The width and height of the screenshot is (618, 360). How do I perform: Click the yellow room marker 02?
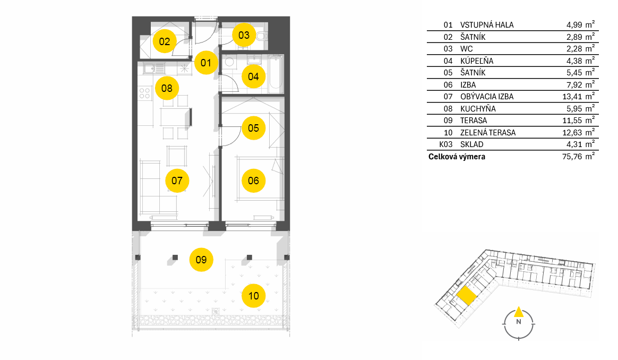[x=165, y=41]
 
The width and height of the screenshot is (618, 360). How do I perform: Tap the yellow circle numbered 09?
[x=201, y=260]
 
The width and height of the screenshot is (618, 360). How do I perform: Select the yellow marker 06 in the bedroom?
[x=253, y=181]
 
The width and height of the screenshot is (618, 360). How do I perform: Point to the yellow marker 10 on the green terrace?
[x=253, y=296]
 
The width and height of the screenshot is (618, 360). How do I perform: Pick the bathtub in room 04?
[x=276, y=74]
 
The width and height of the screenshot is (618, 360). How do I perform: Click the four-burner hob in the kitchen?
[x=144, y=93]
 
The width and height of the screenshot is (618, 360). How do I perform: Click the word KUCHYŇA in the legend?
[x=478, y=108]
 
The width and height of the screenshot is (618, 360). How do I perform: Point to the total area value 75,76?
[x=572, y=157]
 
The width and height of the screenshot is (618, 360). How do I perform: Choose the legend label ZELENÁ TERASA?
[x=488, y=133]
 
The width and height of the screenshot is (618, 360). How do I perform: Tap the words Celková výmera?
[x=457, y=157]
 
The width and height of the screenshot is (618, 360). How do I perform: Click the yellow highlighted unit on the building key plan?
[x=467, y=296]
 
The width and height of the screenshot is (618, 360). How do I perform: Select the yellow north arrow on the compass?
[x=519, y=312]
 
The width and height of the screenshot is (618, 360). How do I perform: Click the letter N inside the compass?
[x=519, y=322]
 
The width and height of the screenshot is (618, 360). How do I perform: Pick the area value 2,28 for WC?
[x=574, y=48]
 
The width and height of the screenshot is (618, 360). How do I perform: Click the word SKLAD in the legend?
[x=472, y=144]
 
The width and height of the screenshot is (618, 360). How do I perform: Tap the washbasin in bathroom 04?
[x=254, y=60]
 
